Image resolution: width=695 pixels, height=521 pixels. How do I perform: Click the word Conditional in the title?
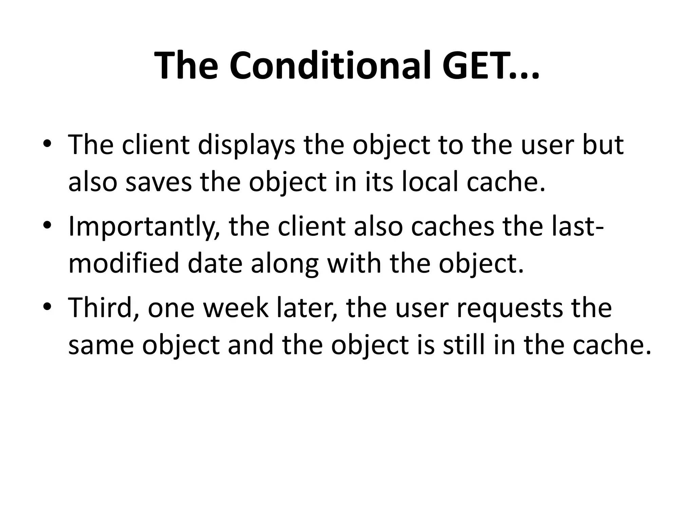click(328, 65)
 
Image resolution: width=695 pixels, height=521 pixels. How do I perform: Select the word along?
click(285, 265)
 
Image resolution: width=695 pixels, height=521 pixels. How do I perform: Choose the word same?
click(101, 345)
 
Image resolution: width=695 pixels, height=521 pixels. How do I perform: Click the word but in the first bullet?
click(603, 145)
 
